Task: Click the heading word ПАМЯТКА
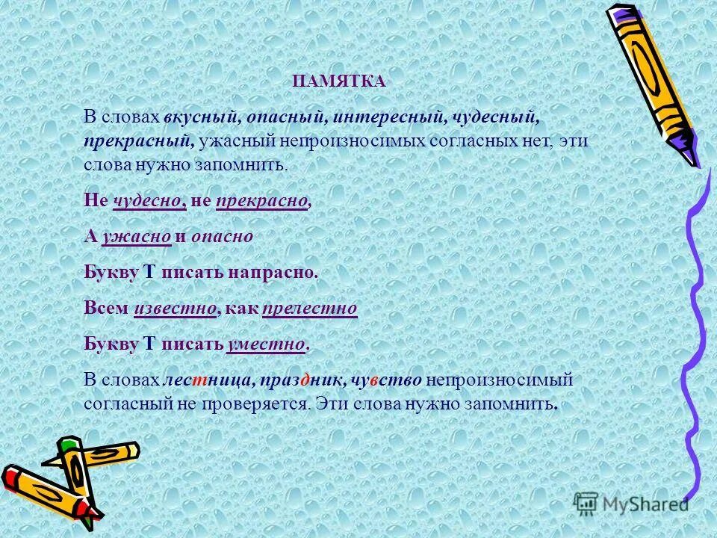coord(338,82)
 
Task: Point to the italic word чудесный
coord(496,117)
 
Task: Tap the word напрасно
coord(279,272)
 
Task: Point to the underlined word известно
coord(176,308)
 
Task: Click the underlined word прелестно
coord(311,308)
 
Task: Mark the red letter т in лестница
coord(202,380)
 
